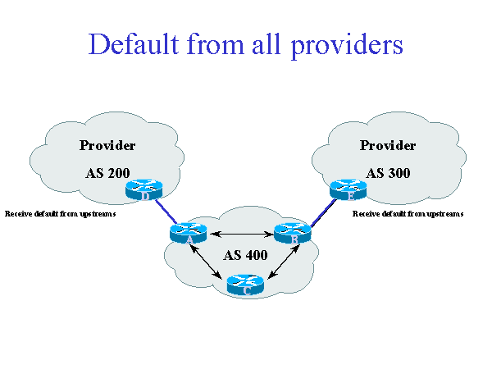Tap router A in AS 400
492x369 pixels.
pyautogui.click(x=189, y=234)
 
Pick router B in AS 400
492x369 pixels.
pyautogui.click(x=292, y=234)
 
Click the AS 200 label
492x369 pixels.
pyautogui.click(x=107, y=173)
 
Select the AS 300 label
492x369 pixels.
pyautogui.click(x=388, y=173)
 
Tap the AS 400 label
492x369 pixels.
pyautogui.click(x=245, y=254)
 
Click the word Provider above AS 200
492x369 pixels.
pyautogui.click(x=107, y=146)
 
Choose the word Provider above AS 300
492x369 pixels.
pyautogui.click(x=388, y=146)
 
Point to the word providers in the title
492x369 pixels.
pyautogui.click(x=346, y=45)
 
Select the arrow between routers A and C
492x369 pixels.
pyautogui.click(x=209, y=262)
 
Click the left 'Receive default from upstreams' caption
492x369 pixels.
pyautogui.click(x=61, y=213)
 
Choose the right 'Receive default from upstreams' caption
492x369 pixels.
pyautogui.click(x=408, y=213)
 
